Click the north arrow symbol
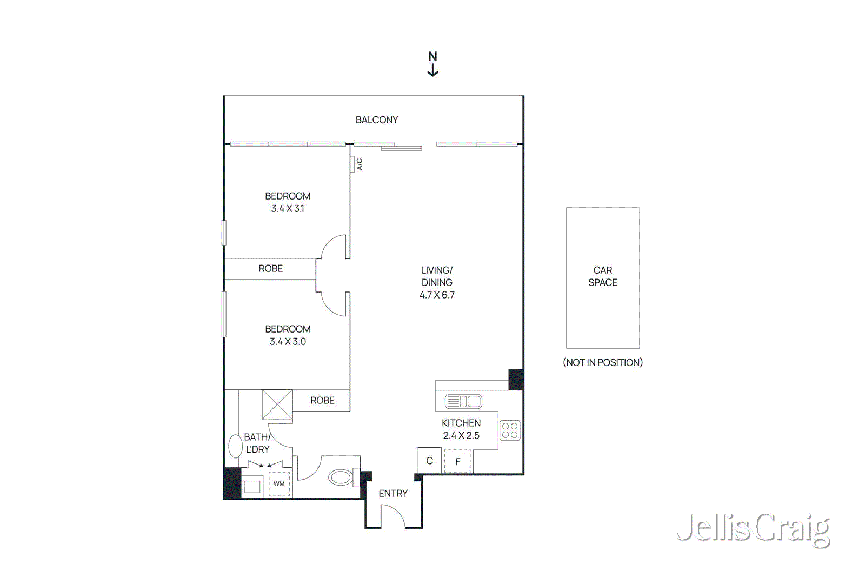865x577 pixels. [x=432, y=64]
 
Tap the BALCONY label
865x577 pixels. [x=377, y=120]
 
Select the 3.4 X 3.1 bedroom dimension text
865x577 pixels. [x=288, y=209]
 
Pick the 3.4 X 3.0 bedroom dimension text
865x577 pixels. [x=288, y=342]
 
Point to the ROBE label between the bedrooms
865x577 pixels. [x=270, y=269]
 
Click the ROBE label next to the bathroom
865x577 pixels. [x=322, y=401]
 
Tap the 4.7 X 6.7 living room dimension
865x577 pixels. [x=437, y=295]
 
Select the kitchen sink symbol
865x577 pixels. [x=463, y=401]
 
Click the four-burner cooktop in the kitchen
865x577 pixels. [x=510, y=430]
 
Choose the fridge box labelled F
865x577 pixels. [x=458, y=462]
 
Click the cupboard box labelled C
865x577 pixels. [x=429, y=461]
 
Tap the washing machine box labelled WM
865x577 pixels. [x=279, y=484]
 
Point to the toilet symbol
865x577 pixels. [x=342, y=477]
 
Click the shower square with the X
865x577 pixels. [x=277, y=404]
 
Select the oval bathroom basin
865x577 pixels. [x=235, y=447]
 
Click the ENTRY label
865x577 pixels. [x=393, y=494]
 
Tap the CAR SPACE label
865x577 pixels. [x=603, y=276]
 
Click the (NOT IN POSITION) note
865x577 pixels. [x=603, y=363]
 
